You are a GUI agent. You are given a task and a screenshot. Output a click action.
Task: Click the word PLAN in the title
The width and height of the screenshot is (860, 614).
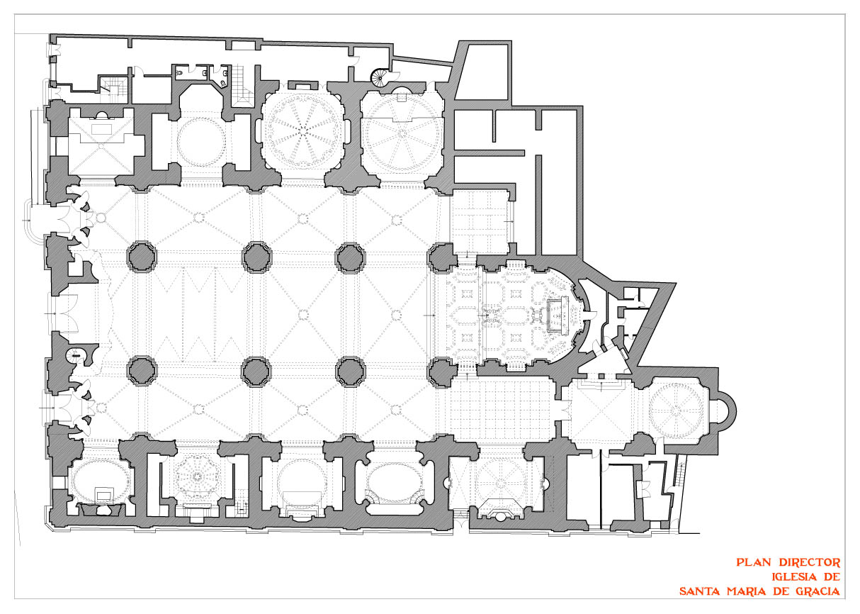754,563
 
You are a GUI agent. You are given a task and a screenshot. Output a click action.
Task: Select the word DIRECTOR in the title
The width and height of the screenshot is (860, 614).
809,563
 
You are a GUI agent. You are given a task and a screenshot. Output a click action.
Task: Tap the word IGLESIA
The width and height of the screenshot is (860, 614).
792,576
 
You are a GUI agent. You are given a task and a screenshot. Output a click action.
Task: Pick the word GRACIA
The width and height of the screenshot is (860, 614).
817,591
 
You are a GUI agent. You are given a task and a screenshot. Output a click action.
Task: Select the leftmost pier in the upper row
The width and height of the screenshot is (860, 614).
142,257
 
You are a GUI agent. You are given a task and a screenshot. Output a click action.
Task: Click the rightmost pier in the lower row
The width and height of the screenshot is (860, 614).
441,372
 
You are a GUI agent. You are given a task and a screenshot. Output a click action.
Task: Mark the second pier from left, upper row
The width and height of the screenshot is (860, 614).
257,257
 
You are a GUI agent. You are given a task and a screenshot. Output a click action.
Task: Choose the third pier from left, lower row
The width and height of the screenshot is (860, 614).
350,372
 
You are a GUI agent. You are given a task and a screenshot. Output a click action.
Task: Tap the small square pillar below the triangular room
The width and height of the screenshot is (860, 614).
601,376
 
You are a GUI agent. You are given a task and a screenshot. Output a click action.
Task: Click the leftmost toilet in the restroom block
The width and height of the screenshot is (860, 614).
180,72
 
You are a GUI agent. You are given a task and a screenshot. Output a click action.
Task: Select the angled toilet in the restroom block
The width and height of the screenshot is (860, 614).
223,84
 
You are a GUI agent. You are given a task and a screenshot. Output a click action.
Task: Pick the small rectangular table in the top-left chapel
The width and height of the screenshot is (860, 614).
102,130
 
